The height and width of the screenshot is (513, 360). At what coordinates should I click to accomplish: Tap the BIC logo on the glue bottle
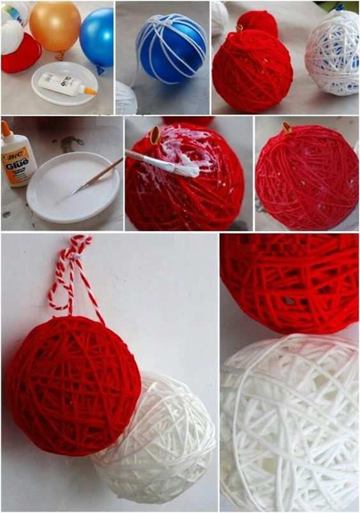point(11,151)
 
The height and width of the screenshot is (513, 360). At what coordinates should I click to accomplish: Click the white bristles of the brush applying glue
point(186,169)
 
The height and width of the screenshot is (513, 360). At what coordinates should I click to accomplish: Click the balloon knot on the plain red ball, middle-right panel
point(287,128)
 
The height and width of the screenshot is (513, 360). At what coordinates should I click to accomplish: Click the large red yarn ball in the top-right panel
point(252,72)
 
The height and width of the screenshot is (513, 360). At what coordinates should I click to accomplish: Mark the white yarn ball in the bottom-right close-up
point(290,422)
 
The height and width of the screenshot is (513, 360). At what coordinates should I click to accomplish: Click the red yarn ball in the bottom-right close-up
point(290,281)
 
